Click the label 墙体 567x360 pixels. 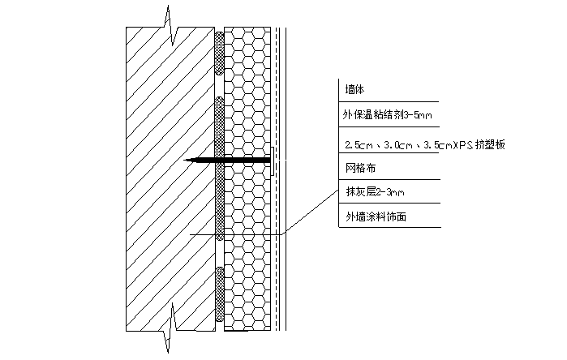click(x=354, y=89)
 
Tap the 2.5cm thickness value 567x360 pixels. click(x=359, y=145)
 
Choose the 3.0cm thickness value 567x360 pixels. click(x=398, y=145)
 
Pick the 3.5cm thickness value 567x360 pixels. click(x=438, y=145)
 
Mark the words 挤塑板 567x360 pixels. click(x=490, y=144)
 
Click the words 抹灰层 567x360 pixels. click(x=361, y=191)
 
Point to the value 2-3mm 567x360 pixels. click(x=390, y=192)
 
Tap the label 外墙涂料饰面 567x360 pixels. click(x=376, y=216)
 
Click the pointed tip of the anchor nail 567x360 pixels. click(x=184, y=160)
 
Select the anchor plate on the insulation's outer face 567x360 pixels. click(x=273, y=161)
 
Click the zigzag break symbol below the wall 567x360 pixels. click(x=170, y=327)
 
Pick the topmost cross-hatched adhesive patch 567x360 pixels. click(x=220, y=54)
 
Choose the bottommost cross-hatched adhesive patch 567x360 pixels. click(x=220, y=294)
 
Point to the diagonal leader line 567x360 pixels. click(x=310, y=212)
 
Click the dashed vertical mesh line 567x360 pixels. click(x=277, y=179)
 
